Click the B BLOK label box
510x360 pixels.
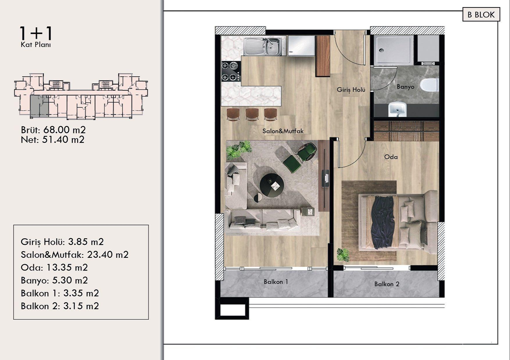[481, 15]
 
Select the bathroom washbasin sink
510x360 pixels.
[397, 109]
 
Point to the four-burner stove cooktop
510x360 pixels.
[231, 71]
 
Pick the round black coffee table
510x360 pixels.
[272, 186]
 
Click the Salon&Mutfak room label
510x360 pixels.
[283, 131]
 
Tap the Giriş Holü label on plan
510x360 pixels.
[351, 90]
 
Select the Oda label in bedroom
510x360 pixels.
[391, 157]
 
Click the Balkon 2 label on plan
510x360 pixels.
[386, 284]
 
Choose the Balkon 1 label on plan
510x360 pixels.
[276, 282]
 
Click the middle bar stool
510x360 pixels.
[252, 114]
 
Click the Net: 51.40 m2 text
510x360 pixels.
[53, 140]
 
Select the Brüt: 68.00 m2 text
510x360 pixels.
[53, 130]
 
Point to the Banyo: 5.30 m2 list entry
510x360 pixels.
[54, 280]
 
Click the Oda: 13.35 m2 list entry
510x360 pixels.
[54, 267]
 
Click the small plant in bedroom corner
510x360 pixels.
[343, 255]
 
